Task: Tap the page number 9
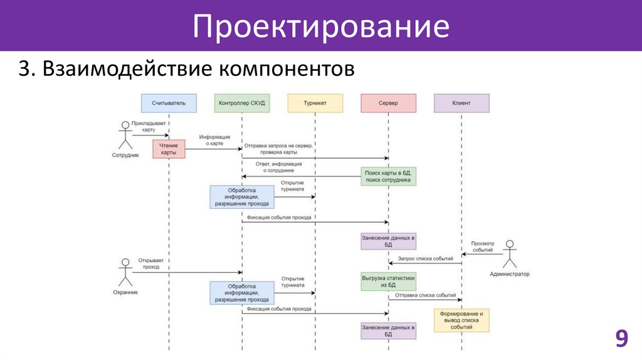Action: (x=621, y=339)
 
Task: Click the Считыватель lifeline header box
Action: (x=169, y=103)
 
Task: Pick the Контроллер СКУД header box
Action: (x=242, y=103)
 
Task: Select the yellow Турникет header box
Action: (x=315, y=103)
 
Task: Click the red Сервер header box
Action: (x=388, y=103)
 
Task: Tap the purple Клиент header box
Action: (x=461, y=103)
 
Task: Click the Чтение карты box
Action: (x=169, y=149)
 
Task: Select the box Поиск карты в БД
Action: (x=388, y=176)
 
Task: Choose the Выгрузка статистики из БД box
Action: (x=388, y=281)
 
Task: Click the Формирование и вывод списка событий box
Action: (x=461, y=320)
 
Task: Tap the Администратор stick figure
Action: (x=510, y=254)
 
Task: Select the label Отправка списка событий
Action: (x=426, y=295)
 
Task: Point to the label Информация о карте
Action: (x=214, y=140)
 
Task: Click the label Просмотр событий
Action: (x=482, y=246)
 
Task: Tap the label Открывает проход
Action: (x=144, y=263)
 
